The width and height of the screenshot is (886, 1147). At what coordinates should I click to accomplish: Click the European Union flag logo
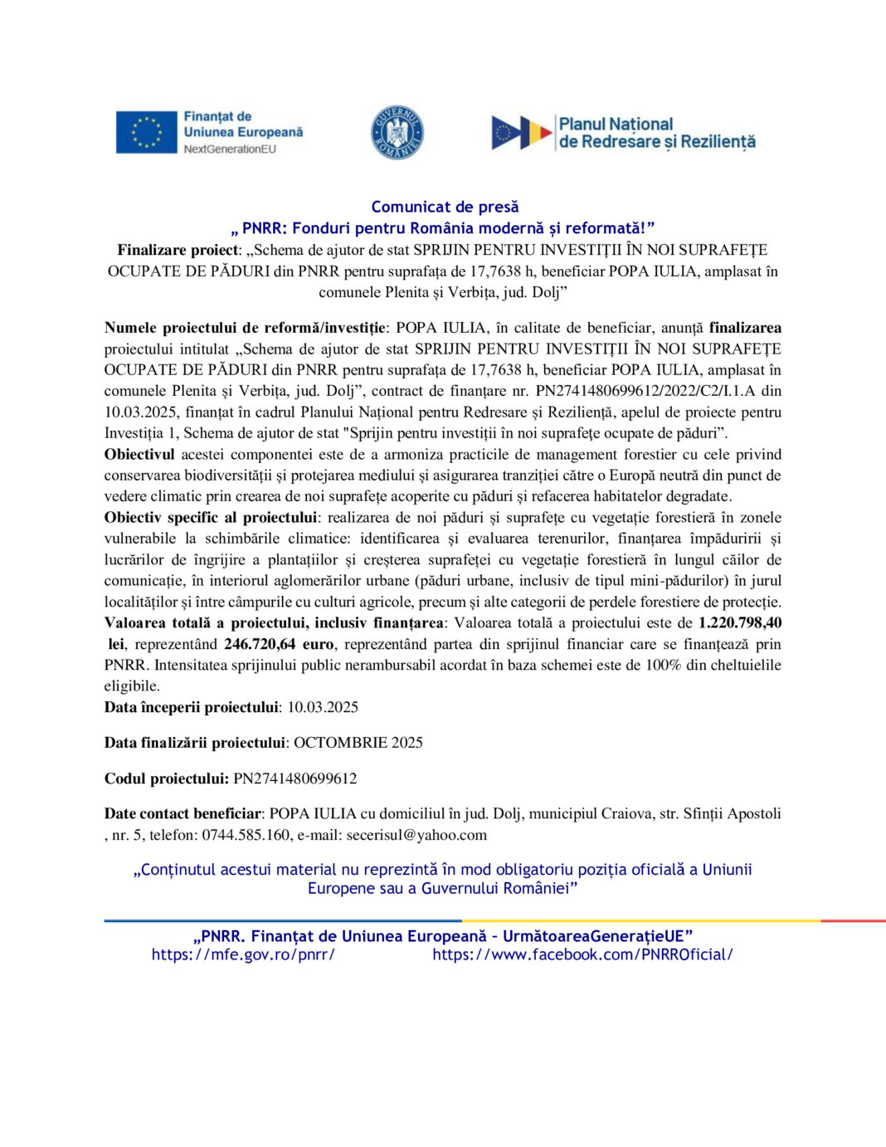click(x=146, y=132)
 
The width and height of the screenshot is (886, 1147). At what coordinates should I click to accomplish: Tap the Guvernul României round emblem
click(x=397, y=133)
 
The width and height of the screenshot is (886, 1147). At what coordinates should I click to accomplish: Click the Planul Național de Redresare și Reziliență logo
click(x=623, y=133)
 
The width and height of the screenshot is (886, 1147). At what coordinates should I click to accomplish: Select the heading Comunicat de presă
click(x=445, y=207)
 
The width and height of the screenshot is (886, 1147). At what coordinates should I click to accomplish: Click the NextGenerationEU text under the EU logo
click(x=230, y=149)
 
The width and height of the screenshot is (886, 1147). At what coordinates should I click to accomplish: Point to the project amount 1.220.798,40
click(x=740, y=622)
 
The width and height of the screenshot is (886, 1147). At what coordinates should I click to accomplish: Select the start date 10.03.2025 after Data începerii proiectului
click(x=323, y=707)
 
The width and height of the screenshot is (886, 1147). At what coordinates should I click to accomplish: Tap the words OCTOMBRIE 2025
click(x=358, y=742)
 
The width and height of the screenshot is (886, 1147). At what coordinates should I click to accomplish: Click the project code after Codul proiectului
click(x=295, y=778)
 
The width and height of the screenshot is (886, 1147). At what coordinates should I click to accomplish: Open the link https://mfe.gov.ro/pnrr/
click(x=243, y=954)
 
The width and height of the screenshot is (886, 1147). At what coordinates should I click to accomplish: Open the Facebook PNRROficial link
click(x=582, y=954)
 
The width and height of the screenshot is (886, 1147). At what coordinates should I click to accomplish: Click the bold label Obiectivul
click(x=139, y=454)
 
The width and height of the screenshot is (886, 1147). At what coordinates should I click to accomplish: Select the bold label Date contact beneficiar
click(x=183, y=813)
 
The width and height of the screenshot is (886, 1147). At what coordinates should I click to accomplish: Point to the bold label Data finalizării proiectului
click(x=194, y=742)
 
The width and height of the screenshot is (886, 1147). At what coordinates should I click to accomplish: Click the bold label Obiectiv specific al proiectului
click(x=211, y=517)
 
